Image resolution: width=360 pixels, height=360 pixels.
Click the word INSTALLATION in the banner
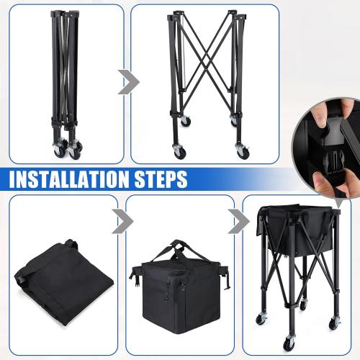click(x=69, y=179)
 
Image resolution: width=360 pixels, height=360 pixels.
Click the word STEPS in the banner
click(x=161, y=179)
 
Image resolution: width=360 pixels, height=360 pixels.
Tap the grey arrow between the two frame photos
click(x=129, y=82)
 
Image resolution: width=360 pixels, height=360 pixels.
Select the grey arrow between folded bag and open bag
click(x=122, y=221)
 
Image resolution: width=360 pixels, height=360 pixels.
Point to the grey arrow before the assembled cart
click(x=239, y=221)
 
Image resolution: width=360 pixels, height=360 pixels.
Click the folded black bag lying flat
click(x=63, y=281)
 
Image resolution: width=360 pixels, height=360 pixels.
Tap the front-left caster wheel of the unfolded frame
click(x=179, y=152)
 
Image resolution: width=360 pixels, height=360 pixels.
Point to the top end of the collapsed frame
click(x=65, y=13)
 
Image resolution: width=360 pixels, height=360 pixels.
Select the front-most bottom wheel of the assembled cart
click(x=289, y=343)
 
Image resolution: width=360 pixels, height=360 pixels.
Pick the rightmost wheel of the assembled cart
click(x=334, y=323)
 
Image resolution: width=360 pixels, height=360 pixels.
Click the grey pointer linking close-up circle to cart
click(x=338, y=203)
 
